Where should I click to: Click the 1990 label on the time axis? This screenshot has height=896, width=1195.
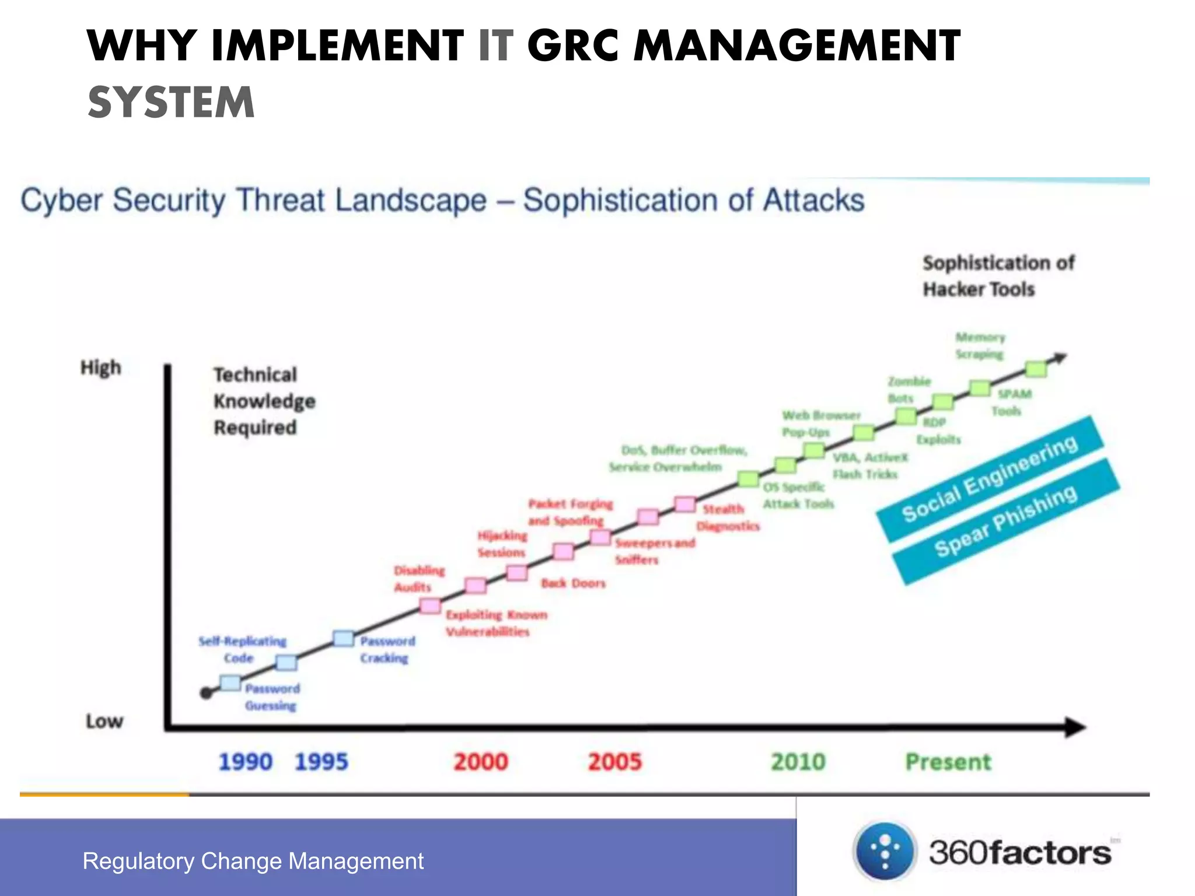click(245, 762)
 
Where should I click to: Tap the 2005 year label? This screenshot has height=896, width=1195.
click(614, 762)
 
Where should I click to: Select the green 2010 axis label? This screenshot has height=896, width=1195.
click(798, 762)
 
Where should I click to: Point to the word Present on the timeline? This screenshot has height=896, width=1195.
click(948, 762)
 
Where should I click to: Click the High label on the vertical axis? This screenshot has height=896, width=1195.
click(100, 367)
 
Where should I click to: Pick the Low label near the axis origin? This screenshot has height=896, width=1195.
click(104, 722)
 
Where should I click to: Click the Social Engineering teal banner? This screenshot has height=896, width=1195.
click(989, 478)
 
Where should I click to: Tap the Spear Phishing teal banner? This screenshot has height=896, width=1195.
click(1005, 521)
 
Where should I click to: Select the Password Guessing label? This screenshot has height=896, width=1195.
click(271, 697)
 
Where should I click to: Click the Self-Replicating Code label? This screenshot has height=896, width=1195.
click(242, 649)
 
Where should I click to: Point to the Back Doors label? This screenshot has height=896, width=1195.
click(572, 583)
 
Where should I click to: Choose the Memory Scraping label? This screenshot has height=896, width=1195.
click(980, 345)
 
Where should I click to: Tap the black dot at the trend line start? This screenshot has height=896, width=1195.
click(205, 693)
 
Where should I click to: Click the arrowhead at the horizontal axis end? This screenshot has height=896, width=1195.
click(1075, 727)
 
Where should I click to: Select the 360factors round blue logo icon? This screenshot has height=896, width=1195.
click(885, 852)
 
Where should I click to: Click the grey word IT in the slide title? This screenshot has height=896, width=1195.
click(495, 45)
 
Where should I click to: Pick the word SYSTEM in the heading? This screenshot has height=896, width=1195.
click(171, 102)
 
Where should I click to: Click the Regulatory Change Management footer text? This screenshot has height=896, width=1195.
click(253, 861)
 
